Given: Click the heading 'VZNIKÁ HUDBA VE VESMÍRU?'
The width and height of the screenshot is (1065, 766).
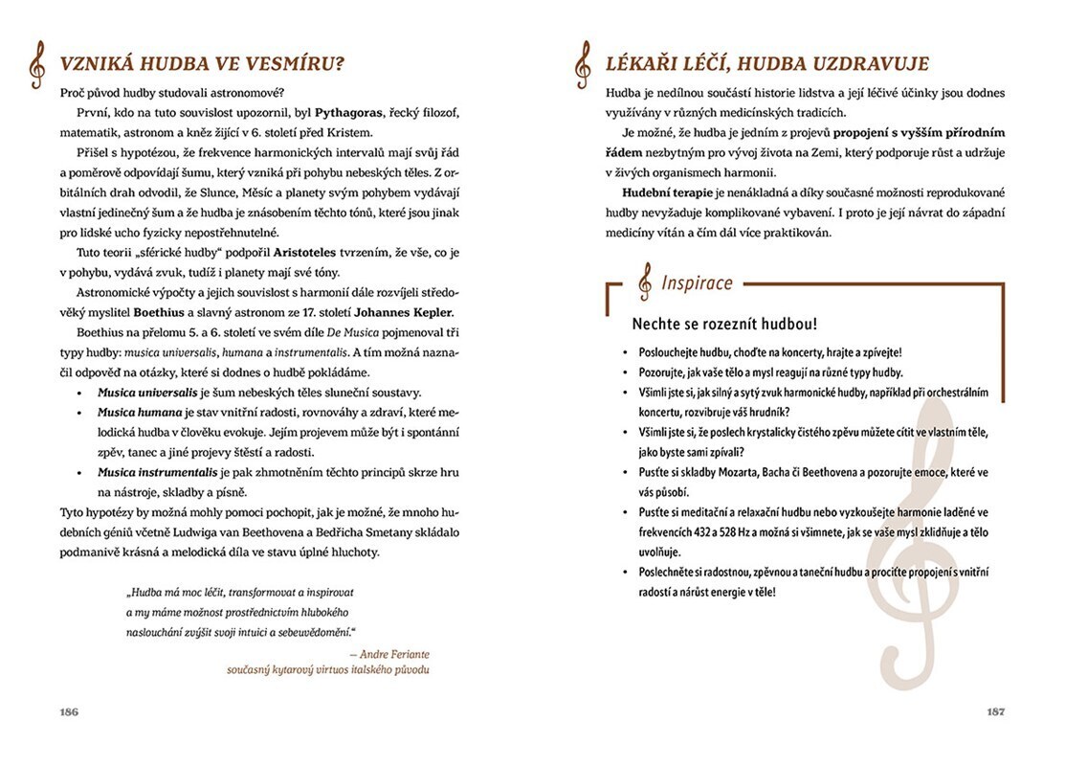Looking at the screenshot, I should pyautogui.click(x=202, y=65).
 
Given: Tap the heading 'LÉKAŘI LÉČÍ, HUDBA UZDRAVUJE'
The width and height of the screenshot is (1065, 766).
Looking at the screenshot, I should pyautogui.click(x=767, y=65).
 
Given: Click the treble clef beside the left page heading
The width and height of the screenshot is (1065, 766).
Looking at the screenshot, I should pyautogui.click(x=36, y=65).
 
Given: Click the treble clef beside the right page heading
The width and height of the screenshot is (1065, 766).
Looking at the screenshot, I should pyautogui.click(x=582, y=65).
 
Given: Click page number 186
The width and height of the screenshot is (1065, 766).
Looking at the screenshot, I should pyautogui.click(x=68, y=711).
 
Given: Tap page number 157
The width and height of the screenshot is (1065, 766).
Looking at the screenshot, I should pyautogui.click(x=995, y=711).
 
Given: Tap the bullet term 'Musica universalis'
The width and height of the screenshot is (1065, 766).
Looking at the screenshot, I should pyautogui.click(x=146, y=393).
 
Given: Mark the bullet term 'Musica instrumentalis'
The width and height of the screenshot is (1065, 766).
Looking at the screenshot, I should pyautogui.click(x=156, y=472).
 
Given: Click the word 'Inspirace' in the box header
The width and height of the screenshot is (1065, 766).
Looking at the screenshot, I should pyautogui.click(x=698, y=282).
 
